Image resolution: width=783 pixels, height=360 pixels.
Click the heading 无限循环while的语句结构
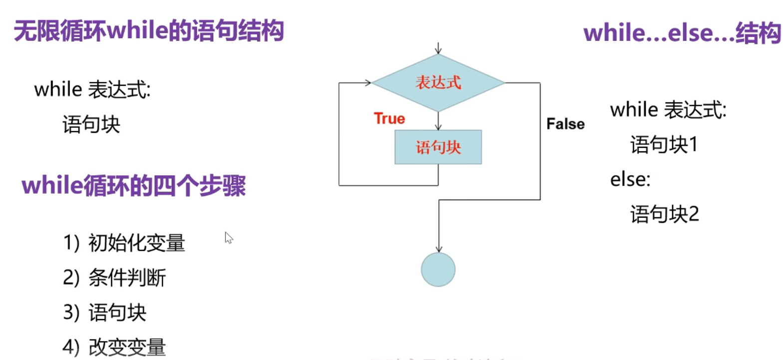point(149,31)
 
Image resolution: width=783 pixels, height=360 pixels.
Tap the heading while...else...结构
point(682,33)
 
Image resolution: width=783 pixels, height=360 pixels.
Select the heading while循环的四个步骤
point(134,186)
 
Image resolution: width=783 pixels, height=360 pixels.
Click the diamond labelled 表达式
point(438,83)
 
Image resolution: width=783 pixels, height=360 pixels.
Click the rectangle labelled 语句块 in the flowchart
point(438,147)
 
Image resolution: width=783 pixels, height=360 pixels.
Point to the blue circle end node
point(438,270)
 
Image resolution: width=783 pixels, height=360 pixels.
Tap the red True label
point(389,119)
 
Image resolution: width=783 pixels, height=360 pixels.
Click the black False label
point(565,124)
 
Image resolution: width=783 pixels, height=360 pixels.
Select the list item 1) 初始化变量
point(124,243)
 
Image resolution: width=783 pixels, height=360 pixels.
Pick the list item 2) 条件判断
point(114,278)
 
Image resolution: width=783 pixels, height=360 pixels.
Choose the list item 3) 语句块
point(104,313)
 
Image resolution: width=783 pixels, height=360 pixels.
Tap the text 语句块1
point(664,145)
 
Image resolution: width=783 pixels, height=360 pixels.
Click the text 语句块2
point(664,215)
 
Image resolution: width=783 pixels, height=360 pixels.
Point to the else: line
point(630,180)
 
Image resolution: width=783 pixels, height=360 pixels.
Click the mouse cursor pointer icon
point(229,238)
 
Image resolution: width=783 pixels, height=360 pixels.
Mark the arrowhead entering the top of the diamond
point(438,51)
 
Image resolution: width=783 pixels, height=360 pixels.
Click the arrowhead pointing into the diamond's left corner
point(368,83)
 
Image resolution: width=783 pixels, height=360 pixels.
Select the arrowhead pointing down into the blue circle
point(439,249)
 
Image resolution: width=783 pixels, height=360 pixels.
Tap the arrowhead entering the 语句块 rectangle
point(438,127)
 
